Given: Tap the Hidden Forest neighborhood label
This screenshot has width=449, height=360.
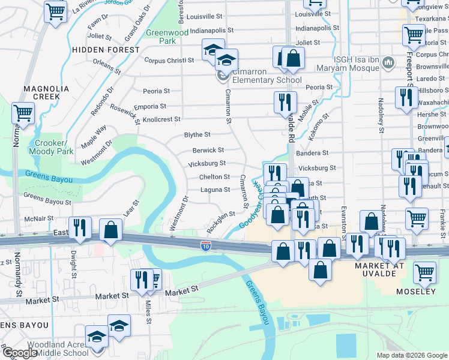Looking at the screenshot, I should (x=106, y=50).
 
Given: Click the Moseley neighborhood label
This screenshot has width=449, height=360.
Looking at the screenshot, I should (x=415, y=292).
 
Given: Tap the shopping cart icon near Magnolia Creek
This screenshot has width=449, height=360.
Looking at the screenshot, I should (x=23, y=112).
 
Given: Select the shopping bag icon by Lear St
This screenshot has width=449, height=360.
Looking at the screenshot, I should (x=111, y=230).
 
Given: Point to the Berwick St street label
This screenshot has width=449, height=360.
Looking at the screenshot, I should (x=208, y=150).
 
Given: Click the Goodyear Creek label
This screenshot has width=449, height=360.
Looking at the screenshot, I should (x=256, y=207).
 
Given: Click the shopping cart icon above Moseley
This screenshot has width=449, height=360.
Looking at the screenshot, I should (x=424, y=272).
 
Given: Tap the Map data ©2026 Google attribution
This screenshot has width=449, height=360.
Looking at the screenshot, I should (x=411, y=355).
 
